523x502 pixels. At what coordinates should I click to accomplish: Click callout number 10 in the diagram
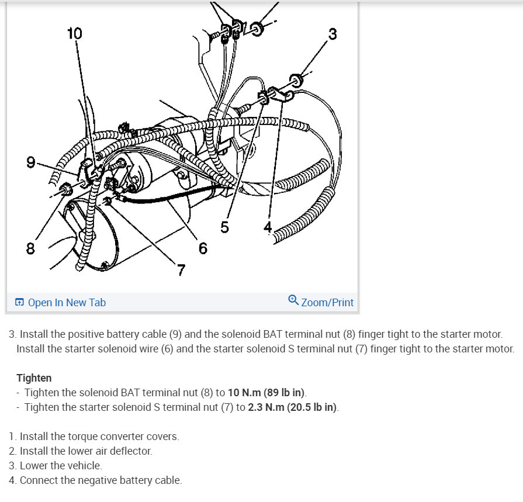(75, 33)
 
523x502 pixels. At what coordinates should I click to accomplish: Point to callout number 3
(332, 34)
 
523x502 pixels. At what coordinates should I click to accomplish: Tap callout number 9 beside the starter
(30, 162)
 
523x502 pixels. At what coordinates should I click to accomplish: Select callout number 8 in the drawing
(30, 249)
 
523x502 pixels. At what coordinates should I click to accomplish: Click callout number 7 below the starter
(182, 269)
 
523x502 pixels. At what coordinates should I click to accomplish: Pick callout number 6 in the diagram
(203, 248)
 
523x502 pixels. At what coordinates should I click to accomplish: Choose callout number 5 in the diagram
(225, 227)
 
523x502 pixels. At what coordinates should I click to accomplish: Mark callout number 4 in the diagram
(268, 227)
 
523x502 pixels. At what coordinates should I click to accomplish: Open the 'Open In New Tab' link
(67, 302)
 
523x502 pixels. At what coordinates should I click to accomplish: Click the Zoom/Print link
(327, 302)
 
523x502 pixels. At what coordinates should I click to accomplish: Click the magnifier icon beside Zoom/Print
(293, 300)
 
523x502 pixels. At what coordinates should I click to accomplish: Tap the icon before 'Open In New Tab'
(19, 302)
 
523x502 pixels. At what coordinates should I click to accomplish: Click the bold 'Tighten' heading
(34, 378)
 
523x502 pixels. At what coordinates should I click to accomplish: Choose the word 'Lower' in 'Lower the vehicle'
(33, 466)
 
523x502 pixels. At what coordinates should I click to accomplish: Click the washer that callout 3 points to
(296, 79)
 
